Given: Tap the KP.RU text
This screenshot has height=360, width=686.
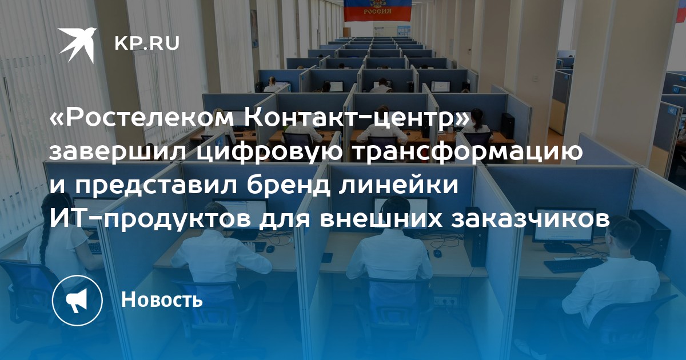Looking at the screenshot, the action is click(147, 44).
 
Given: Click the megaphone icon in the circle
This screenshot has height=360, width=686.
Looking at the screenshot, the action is click(77, 301).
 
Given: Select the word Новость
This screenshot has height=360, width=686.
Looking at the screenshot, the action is click(162, 299).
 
